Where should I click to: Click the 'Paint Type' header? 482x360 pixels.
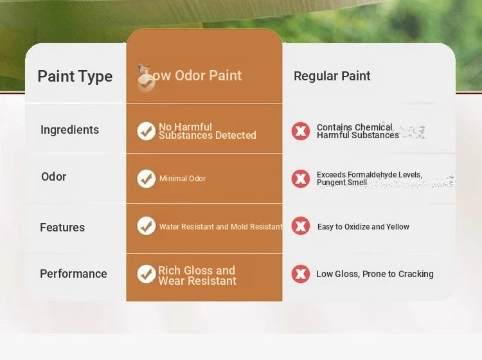(75, 76)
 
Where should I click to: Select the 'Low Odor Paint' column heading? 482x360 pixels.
(193, 76)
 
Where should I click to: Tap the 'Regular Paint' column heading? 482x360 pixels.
(332, 76)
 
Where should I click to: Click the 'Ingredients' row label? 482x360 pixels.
(70, 130)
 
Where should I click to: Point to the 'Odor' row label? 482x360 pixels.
(54, 177)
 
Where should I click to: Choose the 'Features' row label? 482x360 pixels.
(62, 228)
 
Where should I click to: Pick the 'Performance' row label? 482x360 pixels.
(73, 274)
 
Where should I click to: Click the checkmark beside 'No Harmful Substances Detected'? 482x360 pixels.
(147, 131)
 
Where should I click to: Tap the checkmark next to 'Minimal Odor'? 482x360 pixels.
(147, 179)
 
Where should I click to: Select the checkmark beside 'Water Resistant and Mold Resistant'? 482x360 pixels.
(147, 226)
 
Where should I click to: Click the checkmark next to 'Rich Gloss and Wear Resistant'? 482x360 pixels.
(147, 274)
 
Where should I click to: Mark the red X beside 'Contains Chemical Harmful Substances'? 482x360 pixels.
(301, 131)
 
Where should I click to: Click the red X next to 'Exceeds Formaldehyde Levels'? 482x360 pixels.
(301, 179)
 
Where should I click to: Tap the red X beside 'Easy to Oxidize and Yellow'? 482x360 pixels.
(301, 226)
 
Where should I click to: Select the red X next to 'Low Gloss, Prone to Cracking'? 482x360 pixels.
(301, 274)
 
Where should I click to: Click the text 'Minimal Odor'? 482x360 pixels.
(183, 179)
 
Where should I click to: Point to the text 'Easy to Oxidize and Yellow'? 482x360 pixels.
(363, 227)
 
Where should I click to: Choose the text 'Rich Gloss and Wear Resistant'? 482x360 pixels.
(197, 276)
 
